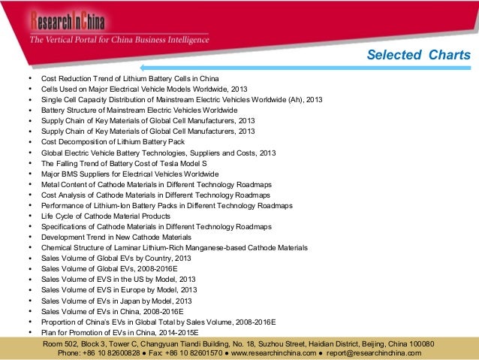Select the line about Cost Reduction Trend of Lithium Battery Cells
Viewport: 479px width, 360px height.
point(129,78)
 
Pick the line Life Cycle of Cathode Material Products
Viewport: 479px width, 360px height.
point(105,216)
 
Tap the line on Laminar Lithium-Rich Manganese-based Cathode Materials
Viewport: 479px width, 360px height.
point(174,247)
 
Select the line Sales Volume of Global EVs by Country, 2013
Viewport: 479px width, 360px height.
point(116,258)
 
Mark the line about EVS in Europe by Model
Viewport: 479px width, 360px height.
point(119,289)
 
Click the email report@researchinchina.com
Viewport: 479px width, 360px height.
point(369,352)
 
